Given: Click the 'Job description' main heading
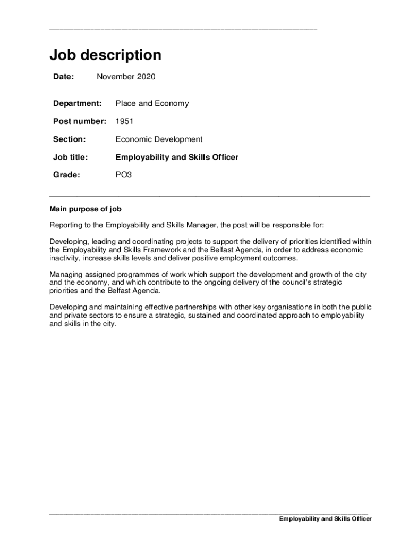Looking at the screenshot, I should pos(105,55).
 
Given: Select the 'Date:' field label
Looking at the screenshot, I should pos(63,77).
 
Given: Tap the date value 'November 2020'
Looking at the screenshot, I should pos(126,77).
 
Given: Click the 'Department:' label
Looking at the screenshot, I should pos(77,103).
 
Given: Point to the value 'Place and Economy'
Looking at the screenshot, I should pos(152,103).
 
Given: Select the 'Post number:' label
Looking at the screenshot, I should pos(80,121).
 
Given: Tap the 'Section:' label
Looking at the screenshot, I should pos(69,139).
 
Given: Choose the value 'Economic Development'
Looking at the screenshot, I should pos(159,139).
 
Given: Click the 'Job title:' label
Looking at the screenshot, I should pos(70,158).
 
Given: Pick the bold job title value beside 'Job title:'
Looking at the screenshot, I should pos(177,158).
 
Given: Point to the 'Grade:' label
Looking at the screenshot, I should pos(66,175).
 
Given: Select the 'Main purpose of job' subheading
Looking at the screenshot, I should pos(86,209).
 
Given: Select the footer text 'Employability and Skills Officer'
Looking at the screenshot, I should pos(326,519).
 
